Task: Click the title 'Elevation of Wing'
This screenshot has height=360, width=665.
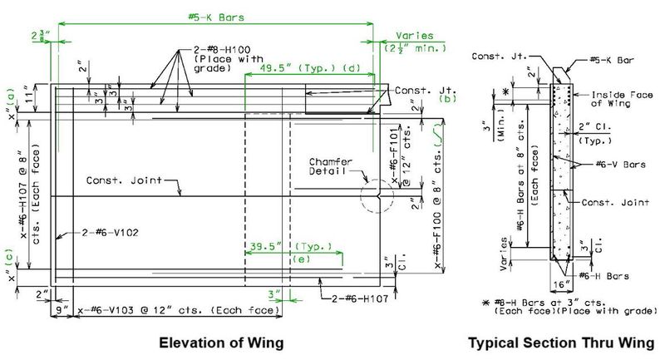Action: pos(221,343)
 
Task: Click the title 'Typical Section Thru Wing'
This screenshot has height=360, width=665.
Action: pos(561,343)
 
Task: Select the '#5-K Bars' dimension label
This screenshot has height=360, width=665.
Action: pos(216,17)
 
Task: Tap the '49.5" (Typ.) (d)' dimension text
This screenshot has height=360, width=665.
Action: pos(310,68)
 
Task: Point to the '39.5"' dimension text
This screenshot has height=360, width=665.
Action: pos(265,246)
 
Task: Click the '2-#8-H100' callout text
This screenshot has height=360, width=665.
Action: pos(222,50)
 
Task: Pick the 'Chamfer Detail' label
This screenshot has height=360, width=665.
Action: pos(330,166)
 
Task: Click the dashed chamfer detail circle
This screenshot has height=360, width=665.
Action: pos(377,180)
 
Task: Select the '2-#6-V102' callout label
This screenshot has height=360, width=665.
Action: pos(110,233)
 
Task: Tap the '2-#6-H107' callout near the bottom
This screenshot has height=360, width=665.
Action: pos(360,298)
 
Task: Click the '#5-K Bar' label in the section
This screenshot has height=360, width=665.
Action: pos(611,60)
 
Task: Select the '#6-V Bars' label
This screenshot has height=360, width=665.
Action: pos(620,165)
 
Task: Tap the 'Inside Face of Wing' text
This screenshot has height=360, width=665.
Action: pos(622,99)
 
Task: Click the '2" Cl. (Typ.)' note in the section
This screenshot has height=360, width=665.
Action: pos(595,133)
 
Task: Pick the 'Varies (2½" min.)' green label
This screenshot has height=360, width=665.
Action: pos(415,42)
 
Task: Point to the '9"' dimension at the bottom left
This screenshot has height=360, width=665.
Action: pos(62,310)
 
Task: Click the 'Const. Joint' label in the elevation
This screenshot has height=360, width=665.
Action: pos(124,180)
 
